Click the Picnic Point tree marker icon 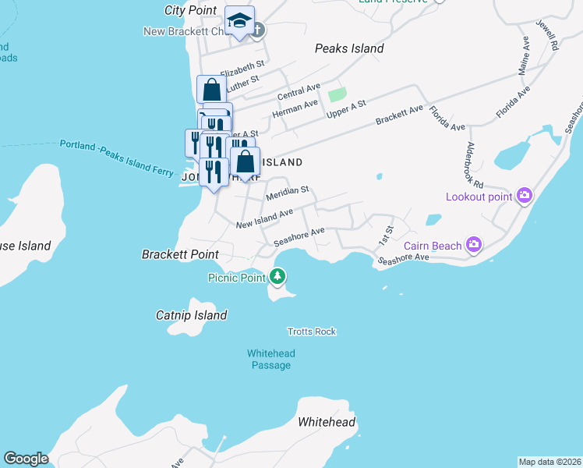point(277,276)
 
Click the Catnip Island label point(191,315)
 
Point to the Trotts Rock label point(311,331)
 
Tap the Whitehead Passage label point(270,359)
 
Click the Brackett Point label point(180,254)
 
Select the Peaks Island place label point(349,48)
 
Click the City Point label point(190,10)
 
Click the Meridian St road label point(288,192)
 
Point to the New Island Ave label point(264,218)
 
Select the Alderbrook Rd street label point(475,165)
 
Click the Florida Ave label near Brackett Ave point(447,118)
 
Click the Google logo point(26,459)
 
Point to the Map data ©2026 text point(550,462)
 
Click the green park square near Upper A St point(337,95)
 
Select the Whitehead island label point(327,422)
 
